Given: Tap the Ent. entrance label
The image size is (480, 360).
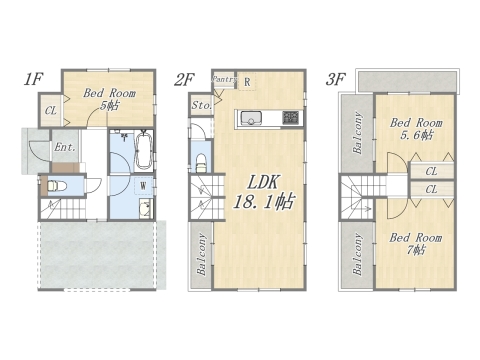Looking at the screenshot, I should (65, 148).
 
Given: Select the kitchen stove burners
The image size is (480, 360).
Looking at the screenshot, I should (290, 117).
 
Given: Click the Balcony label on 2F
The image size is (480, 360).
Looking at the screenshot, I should (201, 254).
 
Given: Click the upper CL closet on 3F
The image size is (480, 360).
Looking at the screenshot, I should (431, 171).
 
